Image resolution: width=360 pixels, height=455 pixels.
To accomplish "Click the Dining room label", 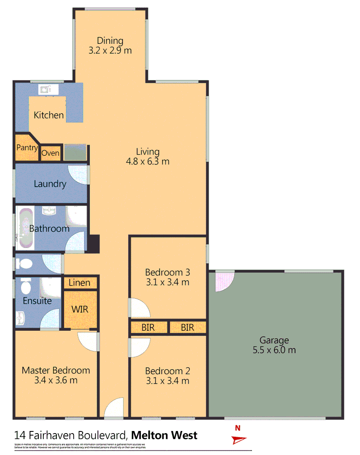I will pyautogui.click(x=110, y=41).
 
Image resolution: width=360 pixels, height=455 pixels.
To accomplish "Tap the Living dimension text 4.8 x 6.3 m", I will pyautogui.click(x=148, y=161).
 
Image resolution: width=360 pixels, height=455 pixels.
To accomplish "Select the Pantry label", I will pyautogui.click(x=27, y=148).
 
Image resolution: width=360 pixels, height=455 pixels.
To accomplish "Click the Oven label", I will pyautogui.click(x=50, y=153).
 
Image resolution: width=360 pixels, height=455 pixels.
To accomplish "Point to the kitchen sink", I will pyautogui.click(x=45, y=89).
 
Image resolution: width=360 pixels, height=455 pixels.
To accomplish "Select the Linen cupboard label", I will pyautogui.click(x=80, y=283).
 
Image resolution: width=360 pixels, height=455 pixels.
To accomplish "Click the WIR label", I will pyautogui.click(x=80, y=309).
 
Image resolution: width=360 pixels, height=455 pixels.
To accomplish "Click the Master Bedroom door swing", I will pyautogui.click(x=88, y=341).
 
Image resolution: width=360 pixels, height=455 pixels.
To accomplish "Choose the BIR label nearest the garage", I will pyautogui.click(x=187, y=327).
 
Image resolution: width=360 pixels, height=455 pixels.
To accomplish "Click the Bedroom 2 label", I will pyautogui.click(x=167, y=371).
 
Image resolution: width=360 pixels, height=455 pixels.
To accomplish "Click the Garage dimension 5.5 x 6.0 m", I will pyautogui.click(x=274, y=350).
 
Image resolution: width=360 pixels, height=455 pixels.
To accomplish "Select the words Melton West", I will pyautogui.click(x=164, y=435).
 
